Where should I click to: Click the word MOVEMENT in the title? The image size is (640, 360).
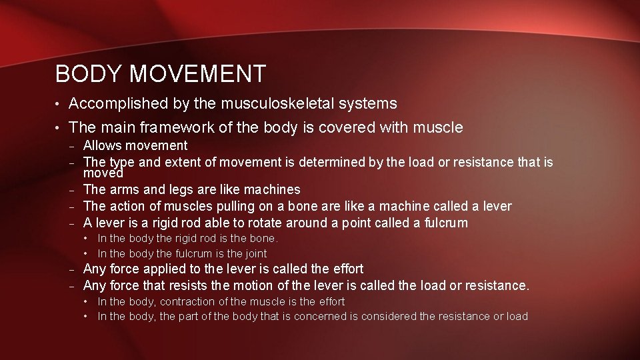click(198, 73)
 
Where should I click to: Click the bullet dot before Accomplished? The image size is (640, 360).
click(59, 105)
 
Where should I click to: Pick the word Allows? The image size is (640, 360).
click(103, 145)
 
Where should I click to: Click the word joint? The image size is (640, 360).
click(256, 253)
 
